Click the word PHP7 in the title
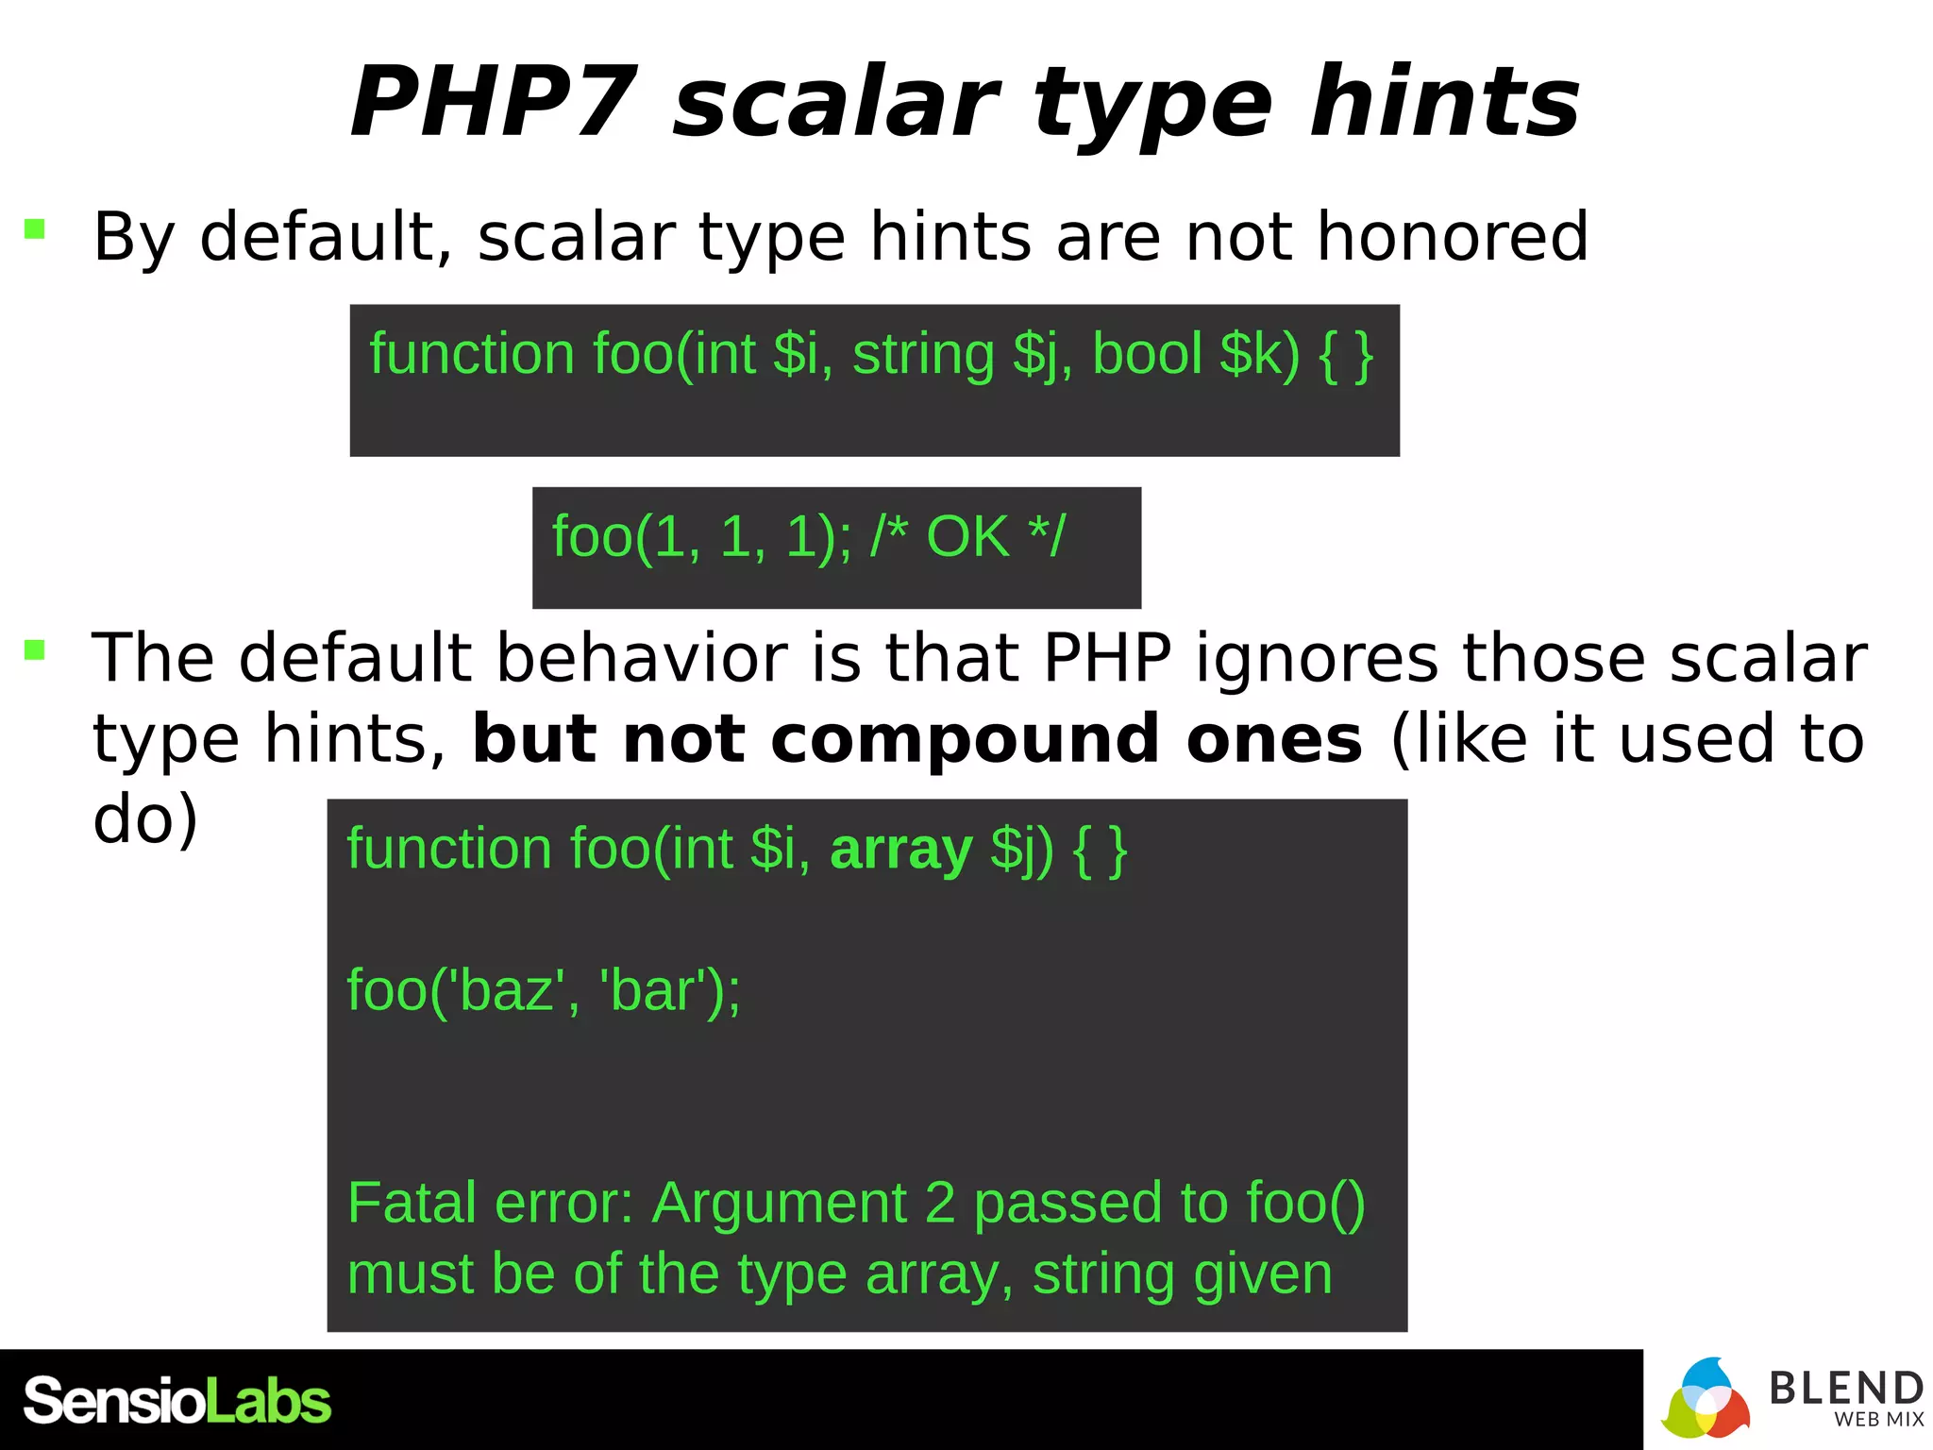tap(494, 102)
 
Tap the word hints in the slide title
tap(1444, 102)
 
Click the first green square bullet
tap(35, 228)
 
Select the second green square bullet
tap(35, 649)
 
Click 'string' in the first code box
tap(923, 355)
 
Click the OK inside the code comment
tap(967, 536)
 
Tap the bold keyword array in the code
tap(900, 850)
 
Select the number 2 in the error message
tap(940, 1203)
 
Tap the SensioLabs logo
tap(176, 1401)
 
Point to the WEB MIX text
tap(1878, 1419)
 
